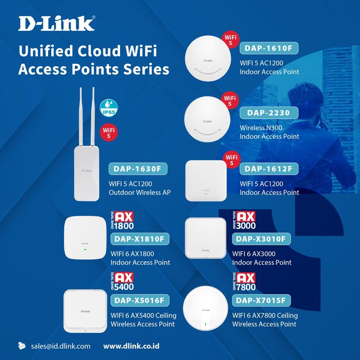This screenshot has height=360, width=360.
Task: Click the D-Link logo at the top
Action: (57, 23)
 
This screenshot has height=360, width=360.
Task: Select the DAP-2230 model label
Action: (269, 112)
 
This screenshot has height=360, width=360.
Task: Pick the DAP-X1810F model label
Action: (141, 239)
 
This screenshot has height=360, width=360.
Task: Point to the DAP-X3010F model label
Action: (261, 239)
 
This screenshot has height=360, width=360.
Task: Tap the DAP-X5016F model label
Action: (140, 300)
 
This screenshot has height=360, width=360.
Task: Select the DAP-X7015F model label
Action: (261, 300)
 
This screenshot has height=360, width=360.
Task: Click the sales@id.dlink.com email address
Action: (60, 346)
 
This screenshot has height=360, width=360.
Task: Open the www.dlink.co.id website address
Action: (132, 346)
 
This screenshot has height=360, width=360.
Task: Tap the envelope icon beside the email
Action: (22, 346)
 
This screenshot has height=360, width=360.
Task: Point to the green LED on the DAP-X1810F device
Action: (85, 249)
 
